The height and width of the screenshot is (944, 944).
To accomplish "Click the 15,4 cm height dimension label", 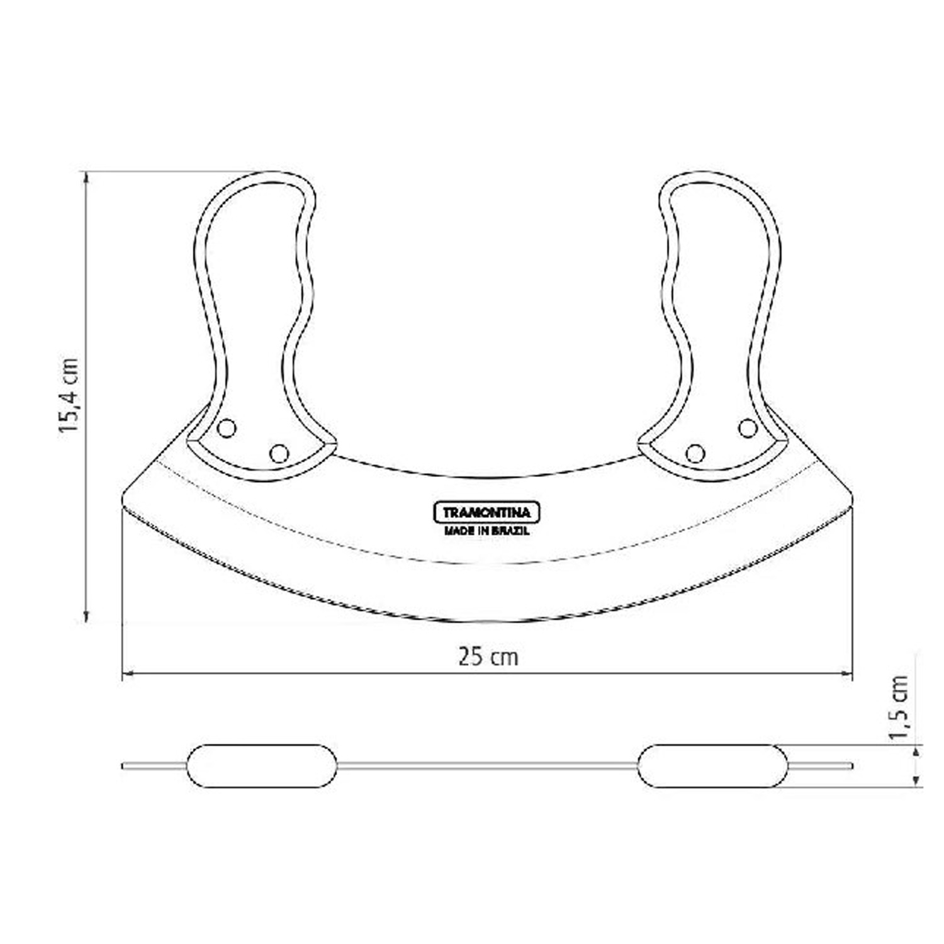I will pyautogui.click(x=69, y=395).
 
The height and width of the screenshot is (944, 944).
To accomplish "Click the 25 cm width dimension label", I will pyautogui.click(x=488, y=657).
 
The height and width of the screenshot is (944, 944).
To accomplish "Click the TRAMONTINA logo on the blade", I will pyautogui.click(x=486, y=512).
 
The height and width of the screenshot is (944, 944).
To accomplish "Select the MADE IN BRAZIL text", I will pyautogui.click(x=486, y=531).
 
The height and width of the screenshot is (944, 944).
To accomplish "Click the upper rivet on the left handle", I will pyautogui.click(x=226, y=429).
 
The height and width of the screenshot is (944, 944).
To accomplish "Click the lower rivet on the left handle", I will pyautogui.click(x=279, y=453).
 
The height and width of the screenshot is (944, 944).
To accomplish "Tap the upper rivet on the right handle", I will pyautogui.click(x=748, y=429).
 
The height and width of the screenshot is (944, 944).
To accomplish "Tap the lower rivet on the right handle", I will pyautogui.click(x=695, y=453).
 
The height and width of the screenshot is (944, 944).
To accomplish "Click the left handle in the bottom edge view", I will pyautogui.click(x=262, y=766).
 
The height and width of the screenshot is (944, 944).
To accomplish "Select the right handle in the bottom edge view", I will pyautogui.click(x=712, y=766).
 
